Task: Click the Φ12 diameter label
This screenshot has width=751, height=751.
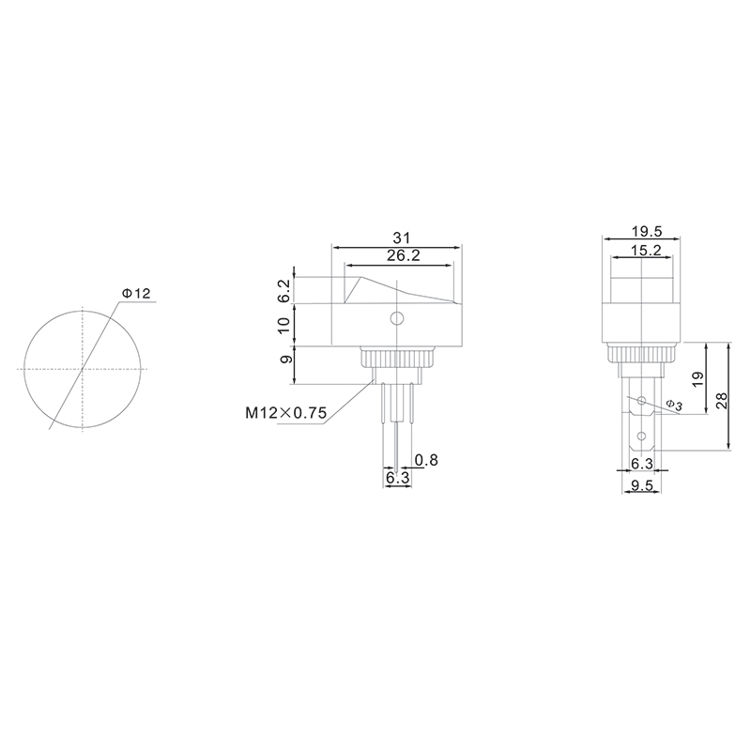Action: pyautogui.click(x=136, y=293)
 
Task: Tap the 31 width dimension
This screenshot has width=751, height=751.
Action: pyautogui.click(x=402, y=238)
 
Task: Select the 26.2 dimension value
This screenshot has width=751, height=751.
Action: pyautogui.click(x=404, y=255)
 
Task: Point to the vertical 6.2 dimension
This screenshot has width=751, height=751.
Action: pyautogui.click(x=284, y=291)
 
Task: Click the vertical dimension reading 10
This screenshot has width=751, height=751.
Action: pyautogui.click(x=284, y=325)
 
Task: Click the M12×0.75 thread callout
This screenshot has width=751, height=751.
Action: pyautogui.click(x=286, y=412)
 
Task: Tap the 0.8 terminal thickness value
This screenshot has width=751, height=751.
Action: pyautogui.click(x=426, y=460)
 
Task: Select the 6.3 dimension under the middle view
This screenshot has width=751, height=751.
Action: pyautogui.click(x=397, y=478)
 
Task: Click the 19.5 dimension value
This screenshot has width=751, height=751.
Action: pyautogui.click(x=646, y=231)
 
